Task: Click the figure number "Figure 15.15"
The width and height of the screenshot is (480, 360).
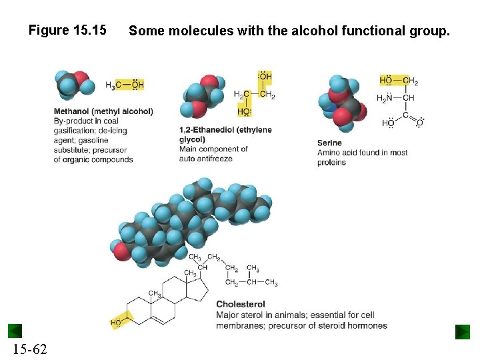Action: pos(67,30)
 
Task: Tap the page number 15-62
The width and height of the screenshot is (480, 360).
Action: pos(29,349)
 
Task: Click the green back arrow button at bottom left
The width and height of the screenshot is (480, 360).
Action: pos(15,331)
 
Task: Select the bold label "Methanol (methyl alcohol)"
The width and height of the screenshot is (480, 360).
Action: pos(103,111)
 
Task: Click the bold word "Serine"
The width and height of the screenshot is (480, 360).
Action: pos(329,143)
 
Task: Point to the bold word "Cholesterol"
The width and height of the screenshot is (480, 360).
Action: pos(241,305)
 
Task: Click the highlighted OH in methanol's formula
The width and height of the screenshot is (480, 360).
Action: pos(137,85)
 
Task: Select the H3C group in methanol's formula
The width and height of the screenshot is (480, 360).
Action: pos(113,85)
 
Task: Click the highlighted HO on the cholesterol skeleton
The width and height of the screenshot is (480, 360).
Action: pos(117,323)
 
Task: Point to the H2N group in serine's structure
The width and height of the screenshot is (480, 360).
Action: pos(385,98)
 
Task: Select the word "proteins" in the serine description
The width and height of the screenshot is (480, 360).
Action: pos(331,162)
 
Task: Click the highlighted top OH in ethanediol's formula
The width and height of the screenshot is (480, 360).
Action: pos(265,77)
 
